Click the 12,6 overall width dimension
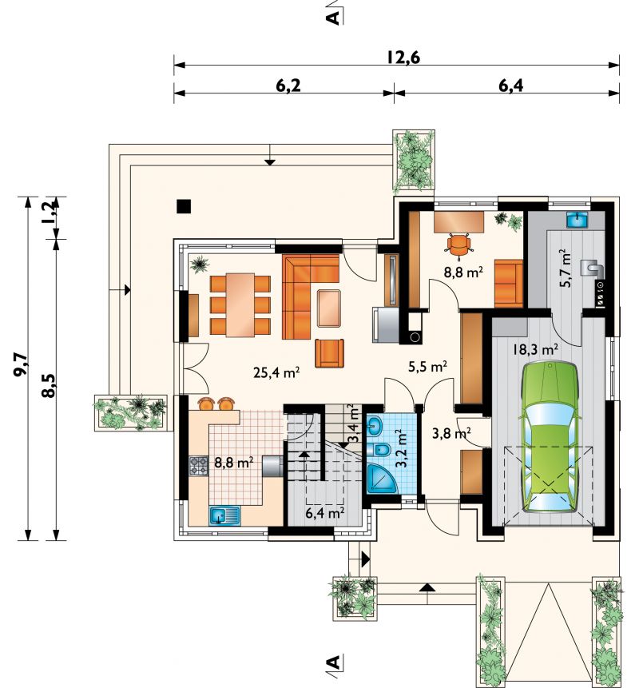[403, 58]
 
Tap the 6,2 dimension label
[288, 86]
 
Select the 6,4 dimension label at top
[510, 86]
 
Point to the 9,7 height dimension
[22, 365]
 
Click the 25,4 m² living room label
[276, 372]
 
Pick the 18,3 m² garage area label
[535, 349]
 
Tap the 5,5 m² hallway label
[427, 367]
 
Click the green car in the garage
[549, 436]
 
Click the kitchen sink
[225, 516]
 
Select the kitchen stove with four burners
[198, 466]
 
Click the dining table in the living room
[240, 305]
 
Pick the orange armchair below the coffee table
[329, 353]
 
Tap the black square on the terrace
[184, 206]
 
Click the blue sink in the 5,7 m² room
[577, 220]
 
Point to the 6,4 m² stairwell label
[324, 512]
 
